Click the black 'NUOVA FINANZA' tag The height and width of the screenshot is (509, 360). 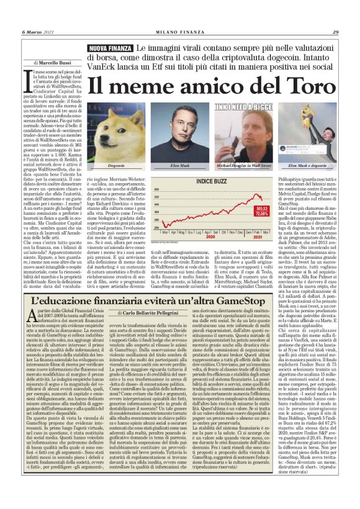click(x=110, y=48)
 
